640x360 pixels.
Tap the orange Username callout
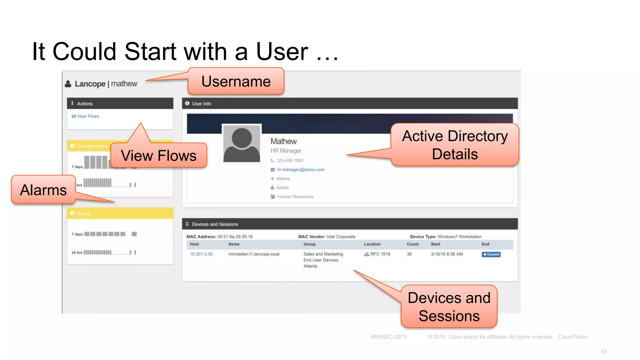pyautogui.click(x=236, y=82)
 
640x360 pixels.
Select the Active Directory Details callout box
pyautogui.click(x=455, y=145)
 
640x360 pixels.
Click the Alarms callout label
pyautogui.click(x=43, y=190)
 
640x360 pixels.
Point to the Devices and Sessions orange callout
pyautogui.click(x=449, y=307)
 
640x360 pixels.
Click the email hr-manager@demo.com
pyautogui.click(x=300, y=170)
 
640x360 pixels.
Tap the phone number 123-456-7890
pyautogui.click(x=289, y=161)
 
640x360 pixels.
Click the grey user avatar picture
pyautogui.click(x=242, y=143)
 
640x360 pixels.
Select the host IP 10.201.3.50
pyautogui.click(x=201, y=254)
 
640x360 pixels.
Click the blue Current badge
pyautogui.click(x=491, y=254)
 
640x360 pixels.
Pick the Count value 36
pyautogui.click(x=409, y=254)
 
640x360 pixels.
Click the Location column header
pyautogui.click(x=372, y=244)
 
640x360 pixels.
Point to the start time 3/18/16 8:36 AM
pyautogui.click(x=447, y=254)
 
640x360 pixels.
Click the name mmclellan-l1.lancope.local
pyautogui.click(x=254, y=254)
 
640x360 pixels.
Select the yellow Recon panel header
pyautogui.click(x=120, y=213)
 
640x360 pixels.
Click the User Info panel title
pyautogui.click(x=201, y=104)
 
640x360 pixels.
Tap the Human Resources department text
pyautogui.click(x=295, y=197)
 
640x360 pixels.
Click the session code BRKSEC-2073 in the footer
pyautogui.click(x=388, y=337)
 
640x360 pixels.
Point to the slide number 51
pyautogui.click(x=604, y=352)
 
